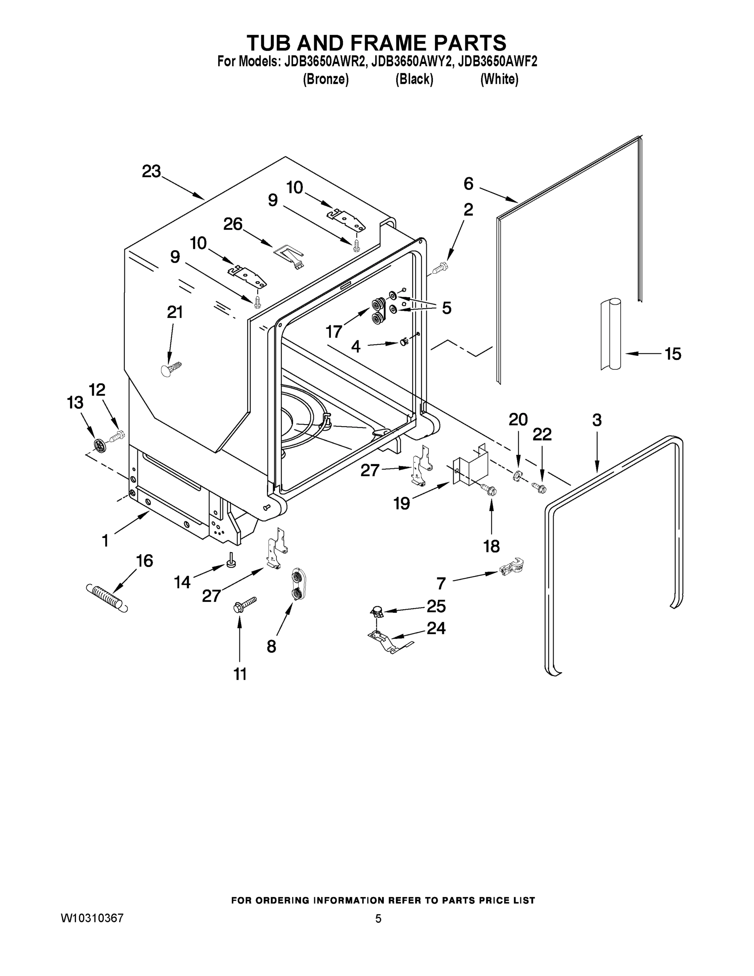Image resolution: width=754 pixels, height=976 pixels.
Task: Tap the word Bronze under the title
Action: pos(326,79)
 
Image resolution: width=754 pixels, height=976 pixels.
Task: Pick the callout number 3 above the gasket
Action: pos(597,420)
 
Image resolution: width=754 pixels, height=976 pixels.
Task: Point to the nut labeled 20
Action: pos(517,476)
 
